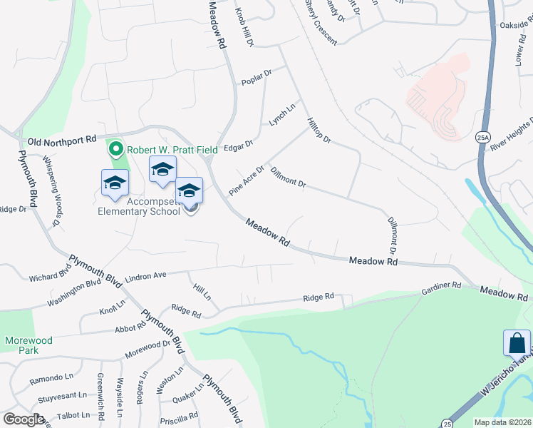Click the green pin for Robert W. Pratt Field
pos(115,150)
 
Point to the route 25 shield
pos(446,423)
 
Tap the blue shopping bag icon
pos(516,343)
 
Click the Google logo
pos(23,419)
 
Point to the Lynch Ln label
pos(281,116)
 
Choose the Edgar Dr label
pos(239,145)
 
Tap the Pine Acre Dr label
pos(246,182)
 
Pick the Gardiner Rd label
pos(441,286)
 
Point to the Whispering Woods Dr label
pos(50,192)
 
